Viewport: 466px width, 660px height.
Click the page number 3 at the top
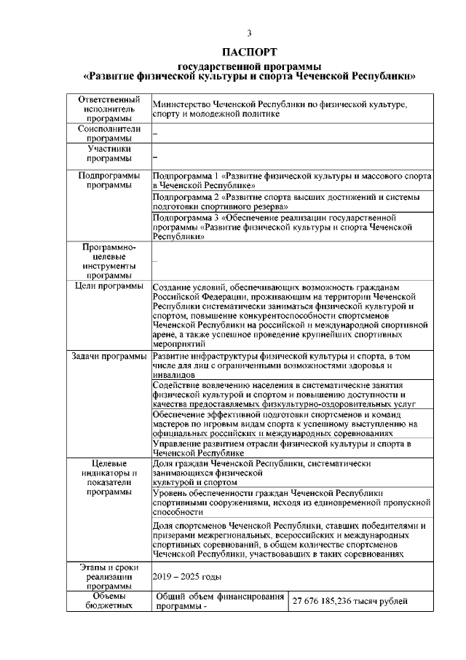[x=250, y=33]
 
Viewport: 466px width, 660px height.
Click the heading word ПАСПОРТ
[x=250, y=53]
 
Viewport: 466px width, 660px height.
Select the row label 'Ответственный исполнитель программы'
[x=108, y=109]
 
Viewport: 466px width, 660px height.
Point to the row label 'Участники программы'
[x=108, y=154]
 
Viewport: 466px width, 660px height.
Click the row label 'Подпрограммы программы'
[x=108, y=181]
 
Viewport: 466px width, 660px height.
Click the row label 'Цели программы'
[x=108, y=287]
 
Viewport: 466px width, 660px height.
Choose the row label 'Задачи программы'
[x=108, y=356]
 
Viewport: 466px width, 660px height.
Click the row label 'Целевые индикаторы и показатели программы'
[x=108, y=478]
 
